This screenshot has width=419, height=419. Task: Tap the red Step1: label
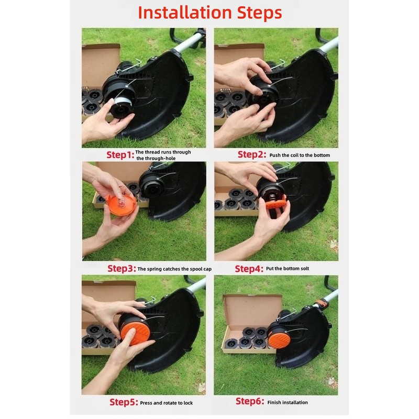tap(120, 155)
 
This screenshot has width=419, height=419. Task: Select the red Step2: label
tap(251, 155)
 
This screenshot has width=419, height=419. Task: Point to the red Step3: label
tap(121, 268)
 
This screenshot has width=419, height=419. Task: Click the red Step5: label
tap(123, 402)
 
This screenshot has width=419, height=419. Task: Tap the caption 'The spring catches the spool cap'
tap(174, 269)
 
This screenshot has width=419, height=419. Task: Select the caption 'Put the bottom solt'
tap(288, 269)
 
